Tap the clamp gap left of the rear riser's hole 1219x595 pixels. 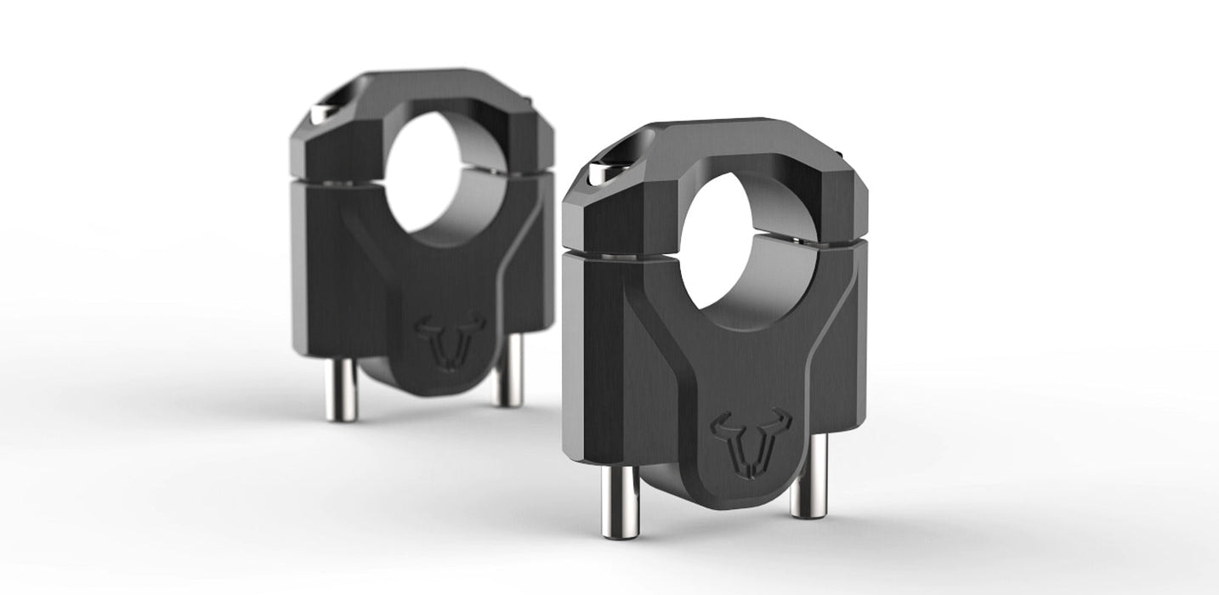click(340, 180)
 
